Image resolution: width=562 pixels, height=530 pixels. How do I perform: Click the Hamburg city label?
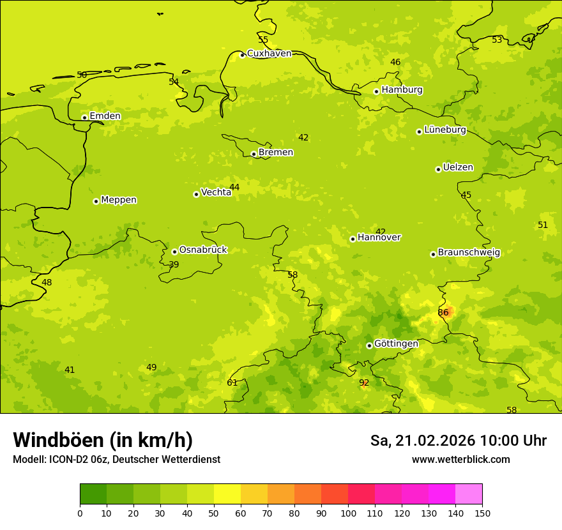pyautogui.click(x=402, y=90)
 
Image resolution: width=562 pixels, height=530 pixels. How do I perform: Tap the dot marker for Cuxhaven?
pyautogui.click(x=242, y=55)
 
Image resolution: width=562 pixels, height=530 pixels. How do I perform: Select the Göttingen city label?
pyautogui.click(x=396, y=344)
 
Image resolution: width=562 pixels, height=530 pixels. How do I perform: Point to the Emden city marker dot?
pyautogui.click(x=84, y=117)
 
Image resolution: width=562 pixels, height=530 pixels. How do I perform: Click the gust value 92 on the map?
pyautogui.click(x=364, y=382)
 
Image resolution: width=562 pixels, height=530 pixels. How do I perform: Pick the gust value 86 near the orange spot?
pyautogui.click(x=443, y=312)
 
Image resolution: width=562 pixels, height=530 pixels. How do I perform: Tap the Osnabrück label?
pyautogui.click(x=203, y=250)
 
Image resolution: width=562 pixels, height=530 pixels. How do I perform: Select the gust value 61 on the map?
pyautogui.click(x=232, y=382)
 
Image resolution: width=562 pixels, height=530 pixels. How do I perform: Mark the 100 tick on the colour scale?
pyautogui.click(x=348, y=513)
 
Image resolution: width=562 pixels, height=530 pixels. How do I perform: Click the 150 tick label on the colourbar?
pyautogui.click(x=482, y=513)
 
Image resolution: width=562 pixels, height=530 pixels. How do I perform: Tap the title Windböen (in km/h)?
pyautogui.click(x=103, y=440)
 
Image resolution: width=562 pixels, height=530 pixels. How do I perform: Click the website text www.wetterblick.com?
pyautogui.click(x=460, y=460)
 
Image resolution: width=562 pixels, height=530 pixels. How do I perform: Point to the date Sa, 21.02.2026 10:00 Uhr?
pyautogui.click(x=458, y=441)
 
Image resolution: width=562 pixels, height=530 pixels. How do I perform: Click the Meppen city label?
pyautogui.click(x=119, y=200)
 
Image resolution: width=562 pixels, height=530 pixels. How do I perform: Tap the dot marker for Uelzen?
pyautogui.click(x=438, y=169)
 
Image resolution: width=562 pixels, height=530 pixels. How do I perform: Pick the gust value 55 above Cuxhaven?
pyautogui.click(x=263, y=40)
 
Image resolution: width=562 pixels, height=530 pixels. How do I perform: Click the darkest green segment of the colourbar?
pyautogui.click(x=93, y=494)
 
